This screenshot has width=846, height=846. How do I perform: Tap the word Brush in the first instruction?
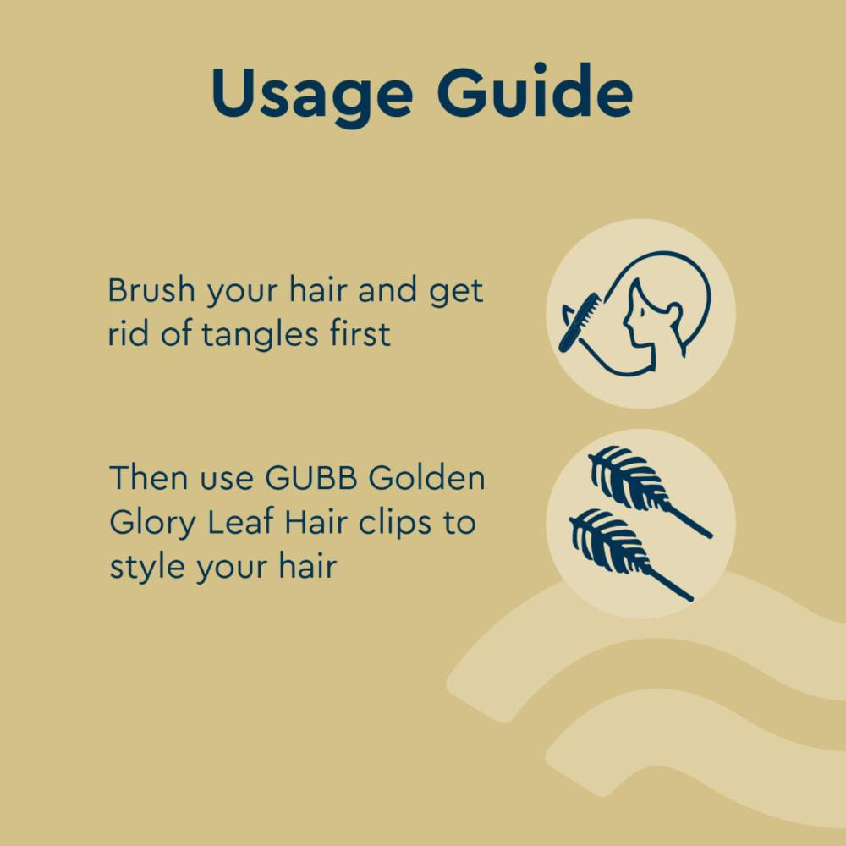[151, 292]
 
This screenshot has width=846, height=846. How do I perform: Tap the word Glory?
[152, 524]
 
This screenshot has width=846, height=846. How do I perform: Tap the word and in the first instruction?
[387, 290]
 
